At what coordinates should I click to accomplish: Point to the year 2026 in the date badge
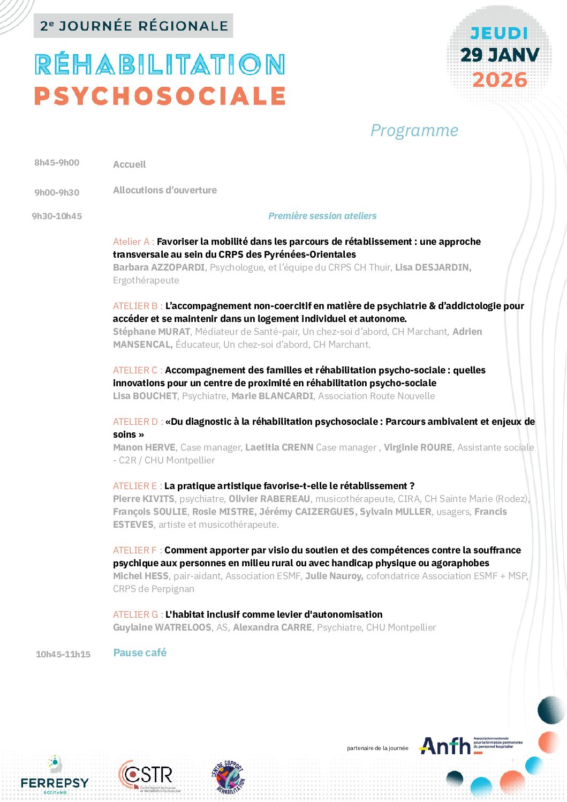point(500,80)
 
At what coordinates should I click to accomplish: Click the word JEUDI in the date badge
point(499,33)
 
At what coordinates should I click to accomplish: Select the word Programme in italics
point(414,130)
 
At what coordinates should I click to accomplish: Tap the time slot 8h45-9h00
point(57,163)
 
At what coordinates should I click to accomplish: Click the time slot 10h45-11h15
point(63,654)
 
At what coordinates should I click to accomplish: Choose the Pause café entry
point(140,653)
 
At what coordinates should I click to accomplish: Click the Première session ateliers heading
point(322,216)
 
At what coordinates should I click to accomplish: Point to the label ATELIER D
point(138,422)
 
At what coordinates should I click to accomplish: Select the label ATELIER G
point(138,614)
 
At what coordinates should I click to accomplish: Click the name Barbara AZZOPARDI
point(158,267)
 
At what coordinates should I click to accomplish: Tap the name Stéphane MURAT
point(152,332)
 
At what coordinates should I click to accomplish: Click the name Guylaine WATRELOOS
point(162,627)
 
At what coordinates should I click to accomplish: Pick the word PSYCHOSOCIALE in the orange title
point(160,96)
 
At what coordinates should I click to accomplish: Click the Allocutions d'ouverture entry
point(165,190)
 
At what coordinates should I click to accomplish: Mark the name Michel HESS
point(141,576)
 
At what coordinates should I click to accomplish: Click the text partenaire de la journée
point(377,748)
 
